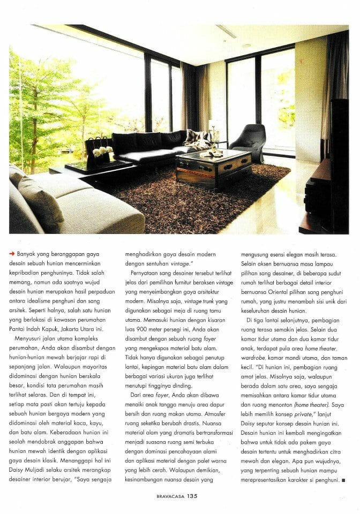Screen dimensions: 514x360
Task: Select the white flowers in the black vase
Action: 103,152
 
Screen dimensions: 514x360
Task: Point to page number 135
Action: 193,496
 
